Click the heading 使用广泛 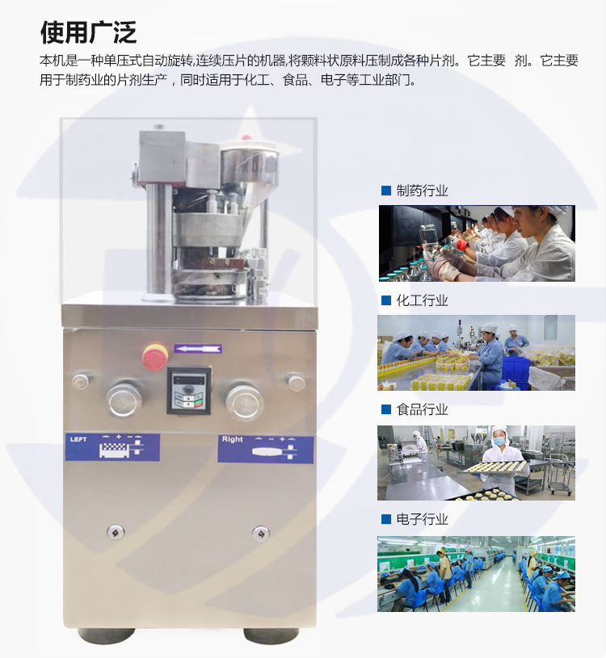(88, 32)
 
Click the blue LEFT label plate (112, 446)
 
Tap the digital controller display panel (189, 390)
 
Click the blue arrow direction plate (198, 349)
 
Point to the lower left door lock (116, 532)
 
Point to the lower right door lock (260, 533)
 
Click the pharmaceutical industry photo (477, 243)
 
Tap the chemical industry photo (477, 353)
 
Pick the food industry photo (477, 463)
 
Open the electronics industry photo (477, 573)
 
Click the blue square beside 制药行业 (386, 191)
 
